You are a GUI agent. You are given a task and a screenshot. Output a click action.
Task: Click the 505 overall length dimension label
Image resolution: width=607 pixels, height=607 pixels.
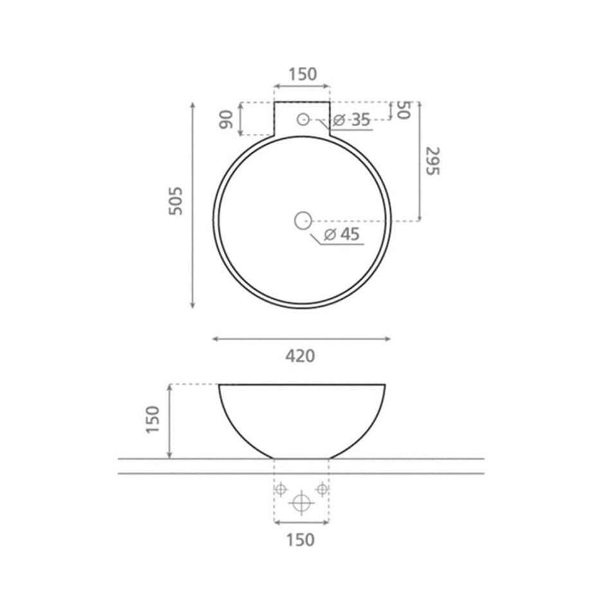(176, 201)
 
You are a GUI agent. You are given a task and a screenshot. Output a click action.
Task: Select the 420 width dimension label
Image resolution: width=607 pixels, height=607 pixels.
(300, 356)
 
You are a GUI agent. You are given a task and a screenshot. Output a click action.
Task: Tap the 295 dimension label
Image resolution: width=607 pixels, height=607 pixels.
(432, 161)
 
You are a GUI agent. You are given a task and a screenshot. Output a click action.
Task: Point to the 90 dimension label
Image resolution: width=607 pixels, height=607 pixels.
(226, 119)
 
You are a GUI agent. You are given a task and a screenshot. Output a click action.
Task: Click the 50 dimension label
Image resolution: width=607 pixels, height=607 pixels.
(403, 111)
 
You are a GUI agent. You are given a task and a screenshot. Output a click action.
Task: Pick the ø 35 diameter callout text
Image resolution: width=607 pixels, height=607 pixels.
(352, 120)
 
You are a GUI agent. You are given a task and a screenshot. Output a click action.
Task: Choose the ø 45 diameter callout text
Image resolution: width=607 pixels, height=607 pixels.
(342, 234)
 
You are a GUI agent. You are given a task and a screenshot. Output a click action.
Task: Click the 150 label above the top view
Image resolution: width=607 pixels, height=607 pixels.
(303, 74)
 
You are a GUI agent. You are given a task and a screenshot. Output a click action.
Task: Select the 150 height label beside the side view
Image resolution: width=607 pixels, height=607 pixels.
(152, 420)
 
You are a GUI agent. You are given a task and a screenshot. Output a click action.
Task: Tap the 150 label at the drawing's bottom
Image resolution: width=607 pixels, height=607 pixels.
(300, 539)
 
